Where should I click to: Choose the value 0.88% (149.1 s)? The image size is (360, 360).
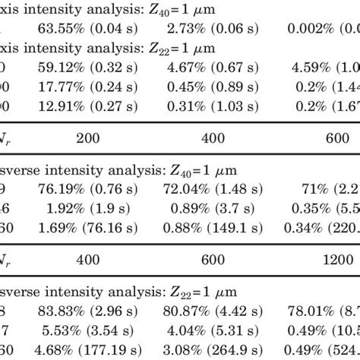click(213, 227)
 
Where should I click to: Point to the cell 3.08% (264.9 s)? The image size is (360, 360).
click(213, 349)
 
